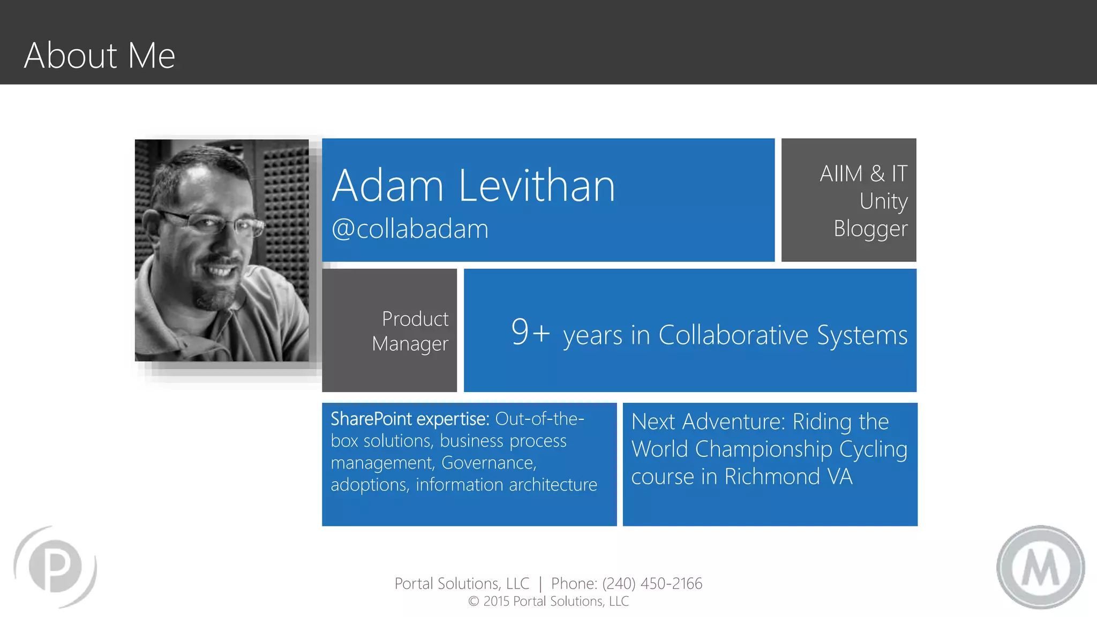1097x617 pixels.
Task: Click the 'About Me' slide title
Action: [x=100, y=55]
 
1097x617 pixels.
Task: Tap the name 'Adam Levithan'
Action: [x=474, y=186]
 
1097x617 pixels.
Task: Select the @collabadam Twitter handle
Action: [x=410, y=229]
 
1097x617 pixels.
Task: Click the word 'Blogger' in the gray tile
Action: [x=870, y=229]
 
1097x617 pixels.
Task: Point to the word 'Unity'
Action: [x=883, y=201]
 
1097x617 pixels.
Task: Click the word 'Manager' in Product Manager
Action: [x=410, y=344]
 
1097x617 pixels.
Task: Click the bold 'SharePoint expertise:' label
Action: [x=410, y=419]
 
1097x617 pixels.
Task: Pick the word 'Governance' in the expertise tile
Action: [x=488, y=462]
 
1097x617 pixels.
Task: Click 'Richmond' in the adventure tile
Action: [x=772, y=477]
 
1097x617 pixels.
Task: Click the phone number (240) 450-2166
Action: [x=652, y=583]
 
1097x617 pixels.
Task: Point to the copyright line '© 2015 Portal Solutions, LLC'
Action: [x=548, y=601]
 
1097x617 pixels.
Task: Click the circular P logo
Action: [x=56, y=567]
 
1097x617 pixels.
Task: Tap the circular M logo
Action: [x=1040, y=567]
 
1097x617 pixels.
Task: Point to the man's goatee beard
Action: [x=214, y=295]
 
